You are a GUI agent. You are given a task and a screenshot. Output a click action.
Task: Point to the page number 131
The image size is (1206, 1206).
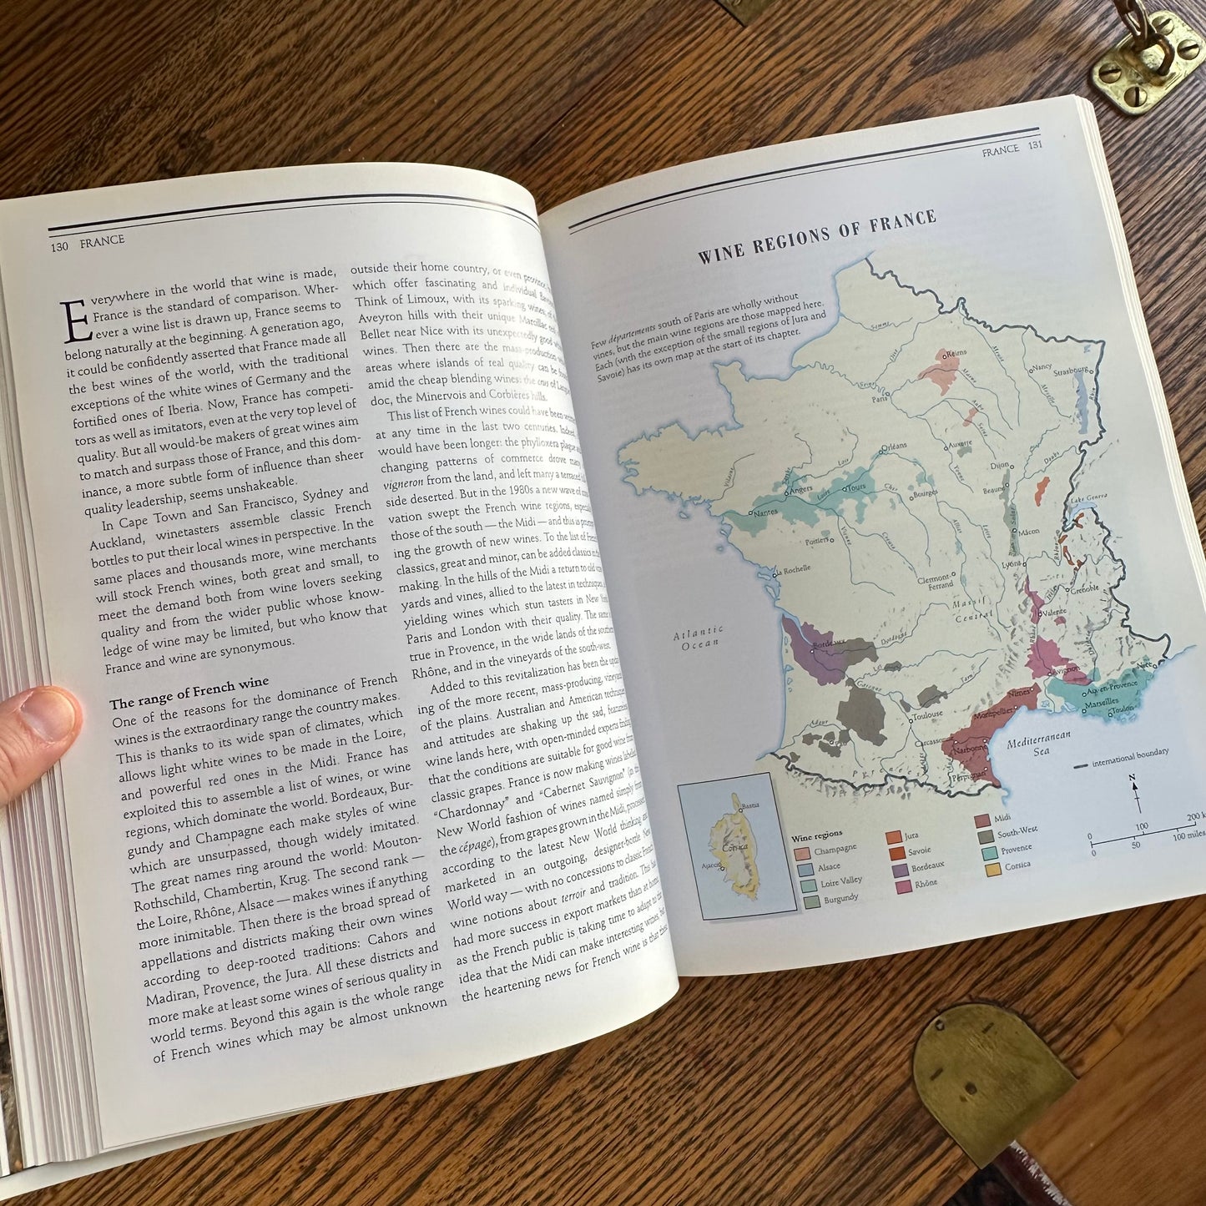[x=1036, y=148]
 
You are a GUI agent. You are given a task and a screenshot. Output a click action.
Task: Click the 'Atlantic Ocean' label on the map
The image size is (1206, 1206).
[x=699, y=638]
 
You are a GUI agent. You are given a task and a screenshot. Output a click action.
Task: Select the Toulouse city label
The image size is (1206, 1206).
[x=927, y=714]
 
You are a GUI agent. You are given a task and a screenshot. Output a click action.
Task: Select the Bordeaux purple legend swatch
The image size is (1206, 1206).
[x=897, y=868]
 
